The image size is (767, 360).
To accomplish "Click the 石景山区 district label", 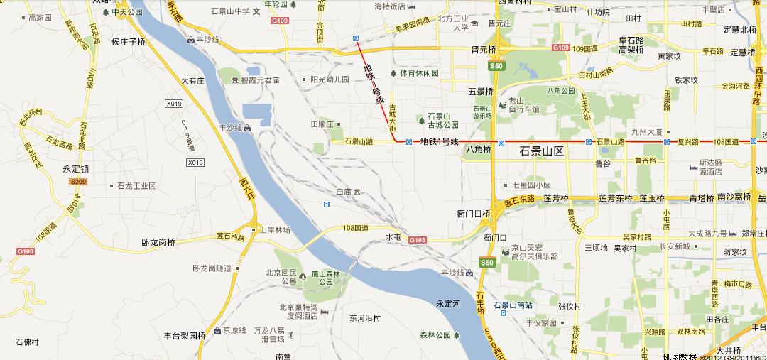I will (541, 151).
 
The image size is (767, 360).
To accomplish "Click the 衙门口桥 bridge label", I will (474, 213).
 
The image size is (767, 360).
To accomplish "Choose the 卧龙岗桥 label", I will (158, 242).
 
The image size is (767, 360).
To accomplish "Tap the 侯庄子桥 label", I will (129, 42).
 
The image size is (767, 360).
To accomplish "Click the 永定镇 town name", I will (76, 170).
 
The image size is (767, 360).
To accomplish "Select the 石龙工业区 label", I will (136, 186).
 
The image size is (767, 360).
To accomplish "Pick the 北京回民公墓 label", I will (281, 277).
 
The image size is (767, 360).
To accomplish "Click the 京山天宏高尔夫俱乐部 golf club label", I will (535, 252).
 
